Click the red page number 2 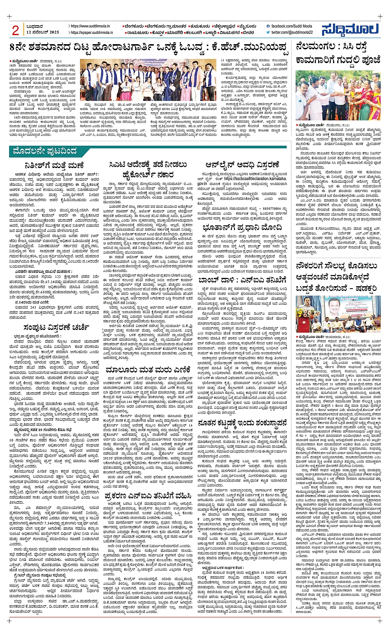click(x=16, y=30)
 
